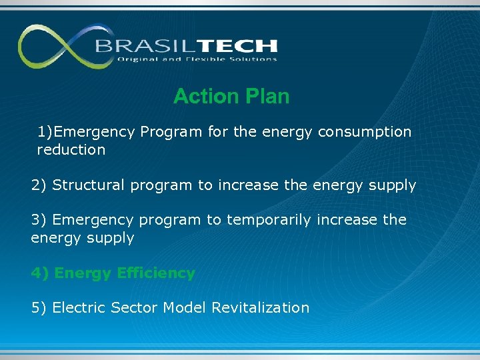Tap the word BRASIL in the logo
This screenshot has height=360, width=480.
pos(137,47)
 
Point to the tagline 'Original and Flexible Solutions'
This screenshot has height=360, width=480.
pos(197,59)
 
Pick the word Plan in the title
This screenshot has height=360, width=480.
pos(267,97)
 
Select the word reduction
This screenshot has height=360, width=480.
pos(71,150)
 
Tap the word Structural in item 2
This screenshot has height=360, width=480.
pos(88,185)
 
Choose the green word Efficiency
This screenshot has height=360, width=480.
pos(155,273)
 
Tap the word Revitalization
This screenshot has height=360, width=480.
pos(260,308)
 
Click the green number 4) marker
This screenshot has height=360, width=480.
pos(40,273)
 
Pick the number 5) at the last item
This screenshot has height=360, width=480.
pos(39,308)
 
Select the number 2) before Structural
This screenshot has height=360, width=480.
pos(39,185)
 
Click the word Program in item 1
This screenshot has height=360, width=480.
pos(171,132)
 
